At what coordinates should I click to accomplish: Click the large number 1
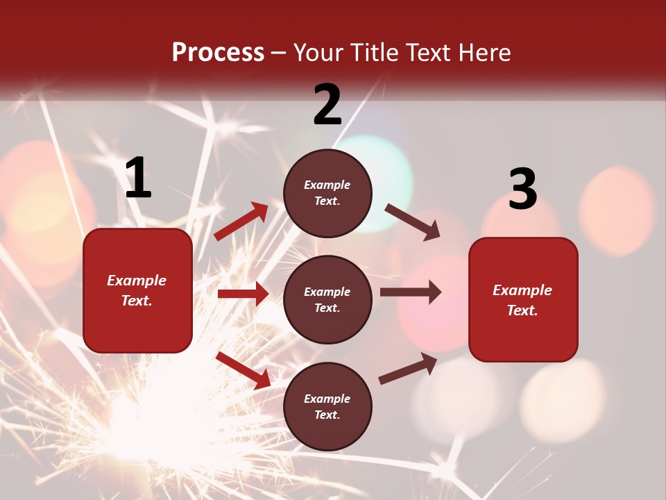(x=138, y=178)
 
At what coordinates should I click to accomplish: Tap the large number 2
(x=327, y=105)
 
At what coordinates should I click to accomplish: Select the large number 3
(x=522, y=190)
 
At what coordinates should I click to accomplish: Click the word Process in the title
(x=218, y=53)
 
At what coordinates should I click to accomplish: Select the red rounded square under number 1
(x=137, y=290)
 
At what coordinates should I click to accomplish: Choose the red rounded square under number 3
(x=523, y=300)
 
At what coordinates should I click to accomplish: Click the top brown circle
(x=327, y=193)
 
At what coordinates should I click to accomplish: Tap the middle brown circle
(x=327, y=300)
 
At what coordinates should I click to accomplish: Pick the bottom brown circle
(x=327, y=407)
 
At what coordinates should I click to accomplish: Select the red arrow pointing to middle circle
(x=243, y=294)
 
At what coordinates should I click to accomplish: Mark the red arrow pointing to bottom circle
(x=243, y=369)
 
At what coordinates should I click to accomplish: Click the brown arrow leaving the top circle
(x=412, y=222)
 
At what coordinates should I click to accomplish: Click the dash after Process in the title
(x=279, y=53)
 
